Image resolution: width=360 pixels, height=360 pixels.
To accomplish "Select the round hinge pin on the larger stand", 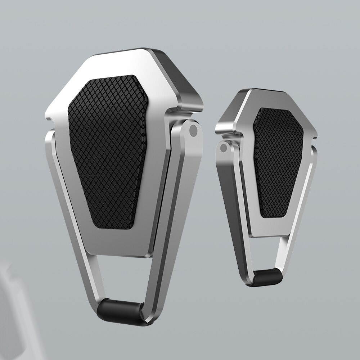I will pyautogui.click(x=193, y=130).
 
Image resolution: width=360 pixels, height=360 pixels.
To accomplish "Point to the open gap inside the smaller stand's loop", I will pyautogui.click(x=268, y=252).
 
